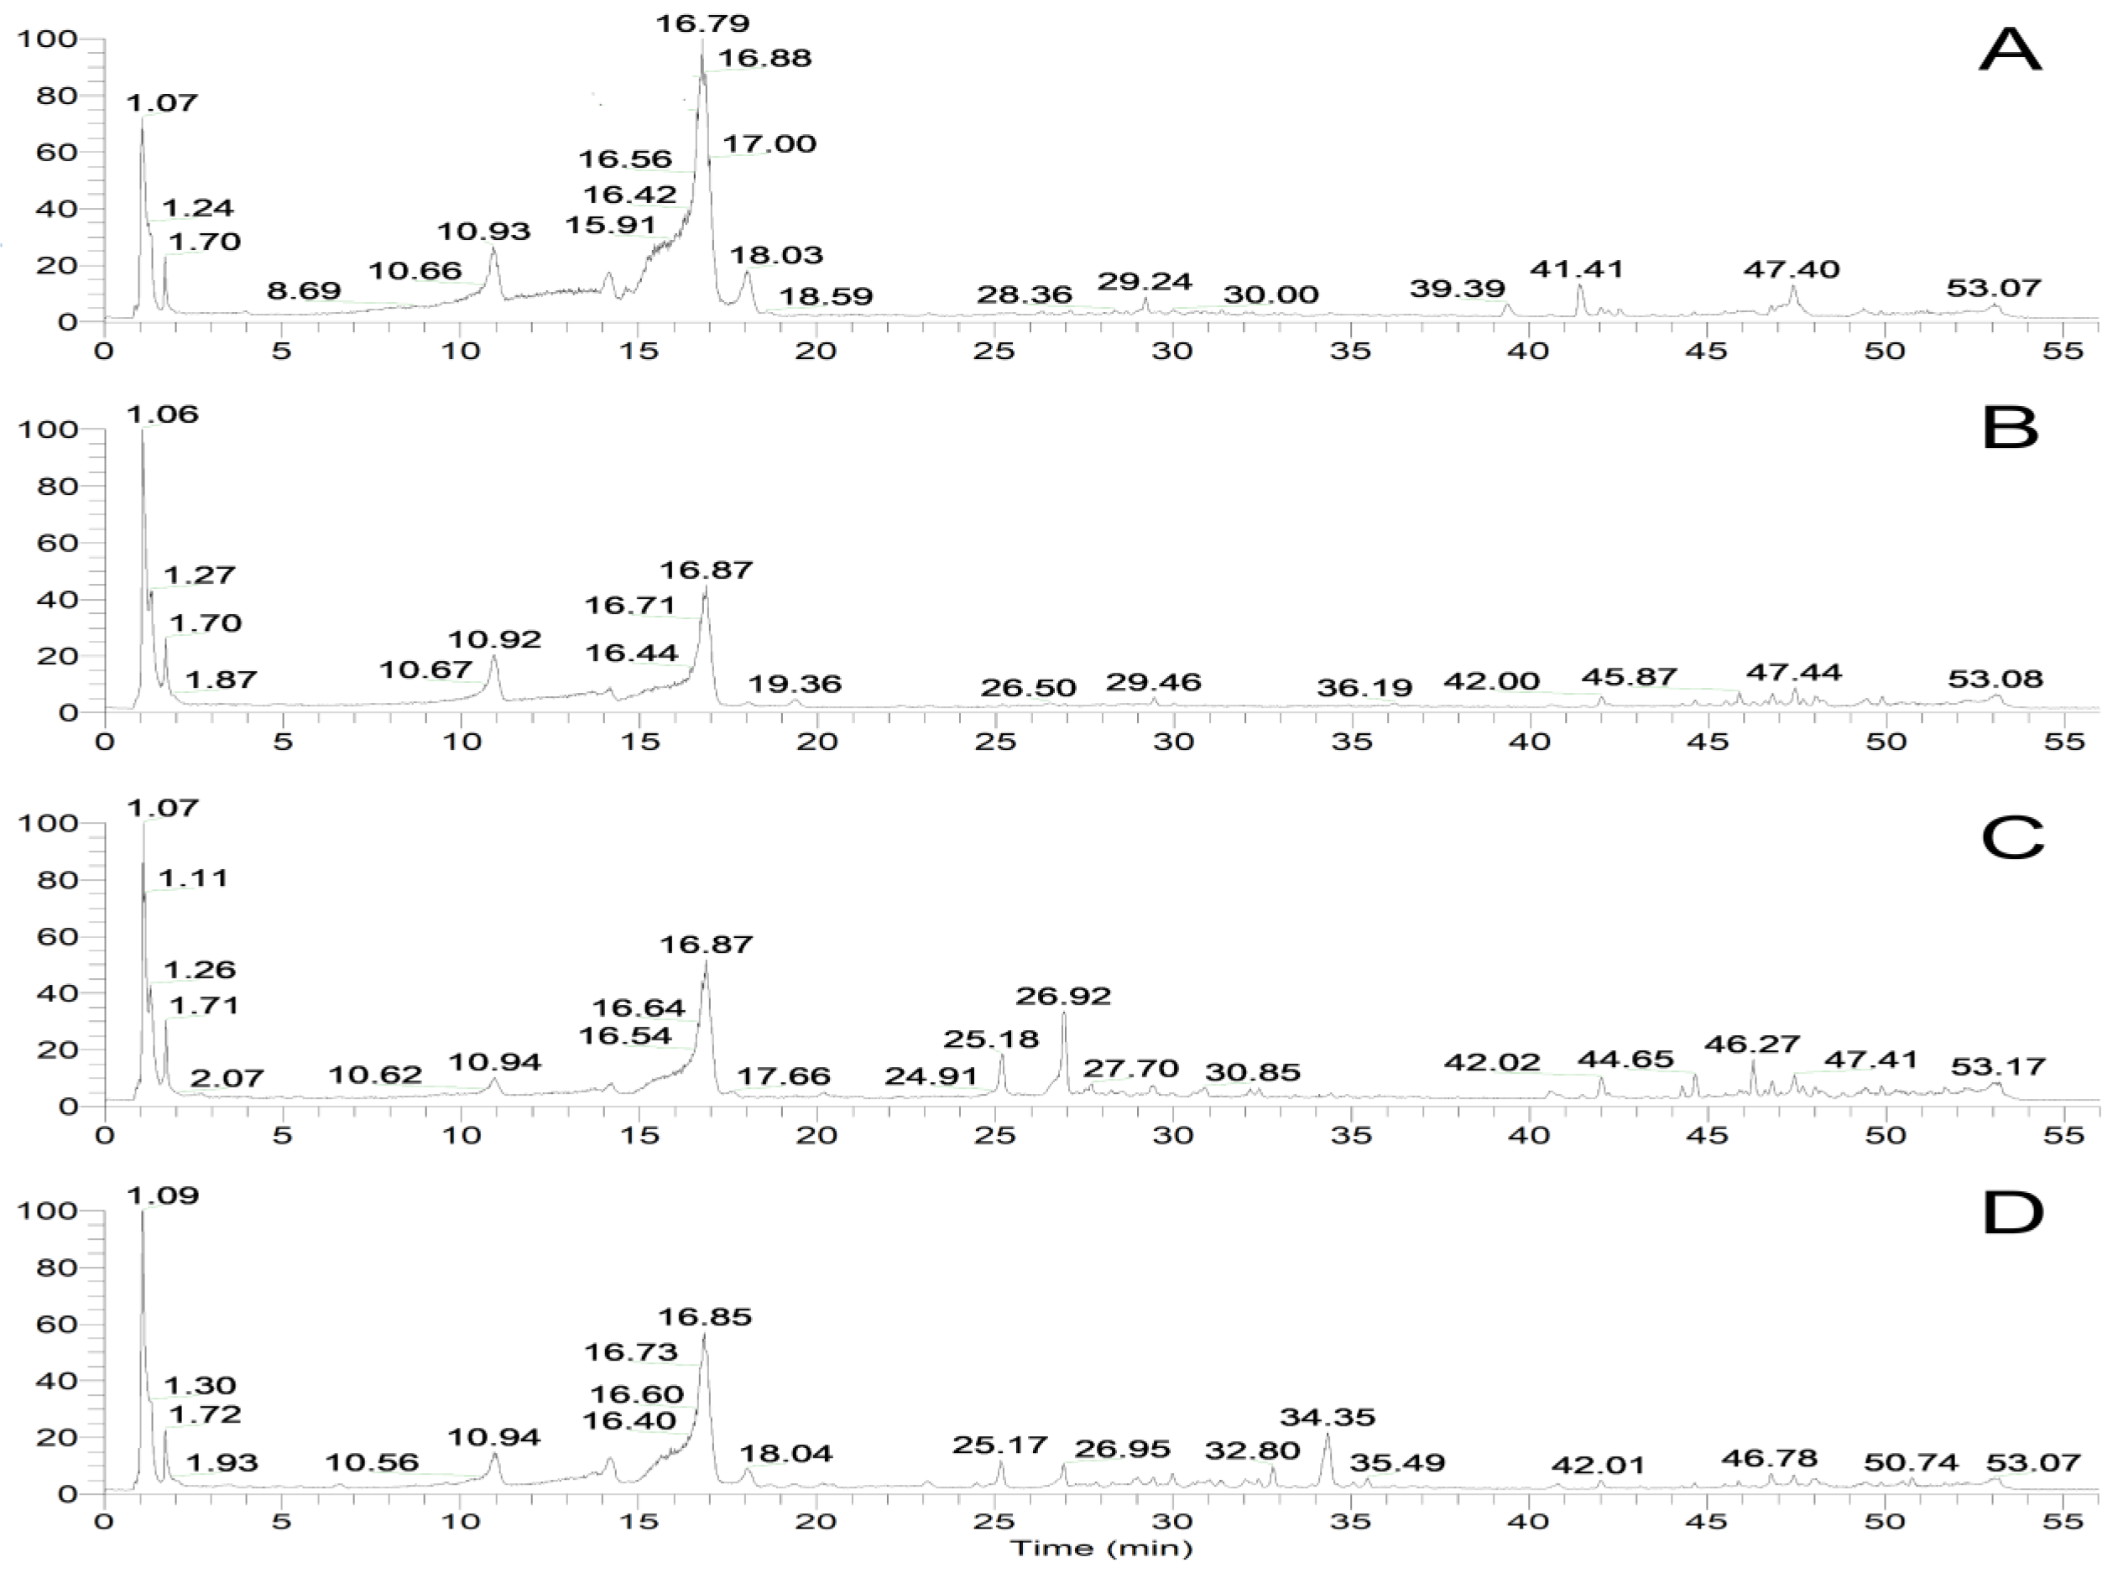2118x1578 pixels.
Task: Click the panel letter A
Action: tap(2009, 49)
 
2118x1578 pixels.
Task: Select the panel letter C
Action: tap(2012, 839)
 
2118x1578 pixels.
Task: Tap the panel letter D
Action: tap(2012, 1214)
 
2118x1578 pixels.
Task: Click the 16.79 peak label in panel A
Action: tap(702, 22)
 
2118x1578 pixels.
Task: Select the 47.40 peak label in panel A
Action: tap(1791, 269)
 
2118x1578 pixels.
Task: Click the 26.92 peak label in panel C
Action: tap(1062, 997)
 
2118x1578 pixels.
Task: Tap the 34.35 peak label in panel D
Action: tap(1327, 1417)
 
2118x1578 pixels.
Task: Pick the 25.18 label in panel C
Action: tap(991, 1039)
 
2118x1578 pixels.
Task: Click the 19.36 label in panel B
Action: tap(794, 683)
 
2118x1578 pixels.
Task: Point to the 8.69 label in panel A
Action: tap(304, 290)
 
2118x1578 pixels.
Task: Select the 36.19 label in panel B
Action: tap(1364, 687)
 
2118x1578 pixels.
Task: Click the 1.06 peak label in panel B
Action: tap(163, 414)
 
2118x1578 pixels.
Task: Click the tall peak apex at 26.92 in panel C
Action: tap(1063, 1013)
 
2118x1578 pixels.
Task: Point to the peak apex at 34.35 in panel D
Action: tap(1327, 1435)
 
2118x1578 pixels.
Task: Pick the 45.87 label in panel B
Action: tap(1629, 677)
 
